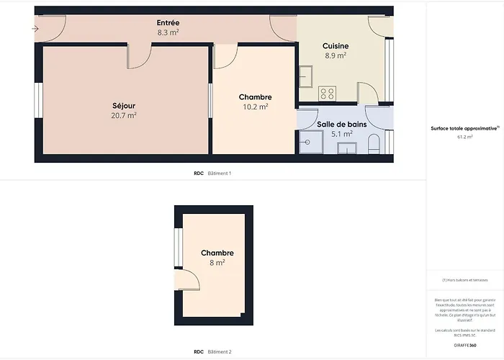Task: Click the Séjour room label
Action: (x=124, y=105)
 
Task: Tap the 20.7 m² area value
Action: (x=124, y=114)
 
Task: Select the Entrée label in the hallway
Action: (x=168, y=23)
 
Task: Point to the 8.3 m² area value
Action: (x=168, y=32)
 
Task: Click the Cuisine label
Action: (x=336, y=45)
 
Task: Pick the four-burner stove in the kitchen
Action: (x=328, y=93)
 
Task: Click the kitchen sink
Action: (x=305, y=74)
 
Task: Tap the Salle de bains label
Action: (x=342, y=125)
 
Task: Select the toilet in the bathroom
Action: (x=373, y=146)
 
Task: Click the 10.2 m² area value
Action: (x=256, y=107)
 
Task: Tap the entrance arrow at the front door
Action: (x=35, y=29)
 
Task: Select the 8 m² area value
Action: (x=217, y=263)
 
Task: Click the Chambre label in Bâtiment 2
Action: (x=217, y=253)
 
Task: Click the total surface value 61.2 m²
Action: (x=464, y=137)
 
